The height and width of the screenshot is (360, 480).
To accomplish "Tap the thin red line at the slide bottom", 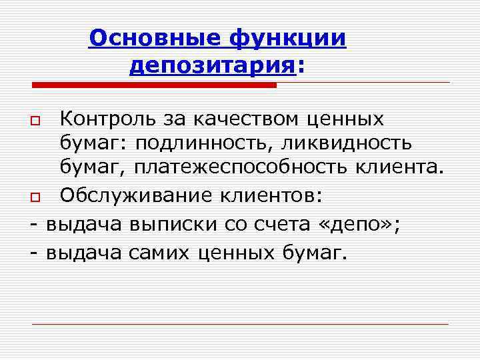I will point(240,323).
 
